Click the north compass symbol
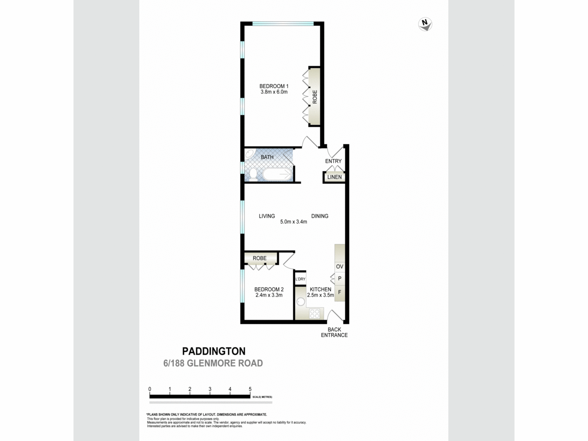click(x=425, y=24)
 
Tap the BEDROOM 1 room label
click(x=274, y=86)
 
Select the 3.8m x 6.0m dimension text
click(x=274, y=92)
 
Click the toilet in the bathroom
click(x=253, y=174)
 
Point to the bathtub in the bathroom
click(x=277, y=174)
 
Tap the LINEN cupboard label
click(x=334, y=177)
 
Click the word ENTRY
click(x=333, y=161)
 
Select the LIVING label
click(x=267, y=216)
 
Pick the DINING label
click(x=320, y=216)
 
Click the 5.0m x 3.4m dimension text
click(x=293, y=222)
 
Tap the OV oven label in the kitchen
click(x=340, y=267)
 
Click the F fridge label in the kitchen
click(x=340, y=292)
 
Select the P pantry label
click(x=340, y=278)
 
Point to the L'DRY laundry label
click(x=300, y=279)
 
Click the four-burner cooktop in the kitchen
click(x=314, y=313)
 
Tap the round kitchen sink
click(x=301, y=302)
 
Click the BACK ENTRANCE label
click(x=334, y=332)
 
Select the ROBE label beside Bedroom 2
click(x=260, y=258)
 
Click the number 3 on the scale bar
click(x=210, y=389)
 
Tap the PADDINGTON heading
click(x=214, y=351)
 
